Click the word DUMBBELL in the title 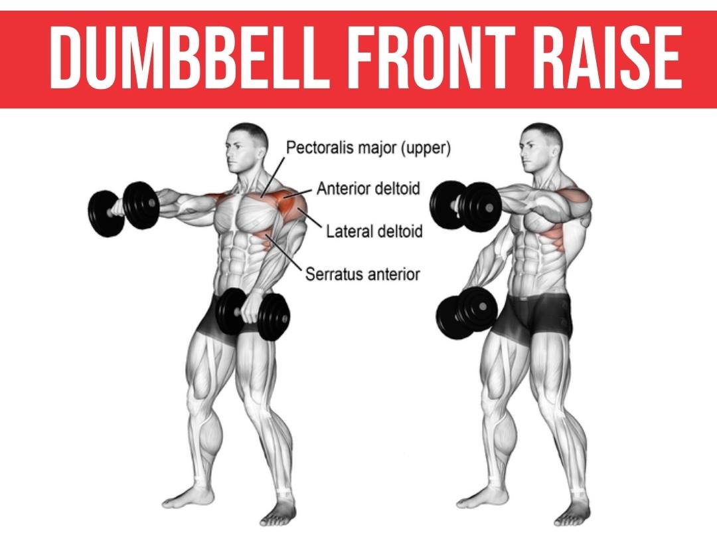(x=189, y=56)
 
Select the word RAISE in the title (x=608, y=56)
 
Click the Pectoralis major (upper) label (x=368, y=148)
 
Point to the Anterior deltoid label (x=368, y=188)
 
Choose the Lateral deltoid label (x=374, y=231)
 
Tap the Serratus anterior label (x=362, y=274)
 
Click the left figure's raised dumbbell (x=123, y=209)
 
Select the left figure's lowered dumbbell (x=253, y=314)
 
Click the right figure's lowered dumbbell (x=467, y=313)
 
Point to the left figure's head (x=246, y=148)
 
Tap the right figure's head (x=540, y=148)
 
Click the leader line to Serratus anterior (x=283, y=253)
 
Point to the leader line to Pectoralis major (x=273, y=177)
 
